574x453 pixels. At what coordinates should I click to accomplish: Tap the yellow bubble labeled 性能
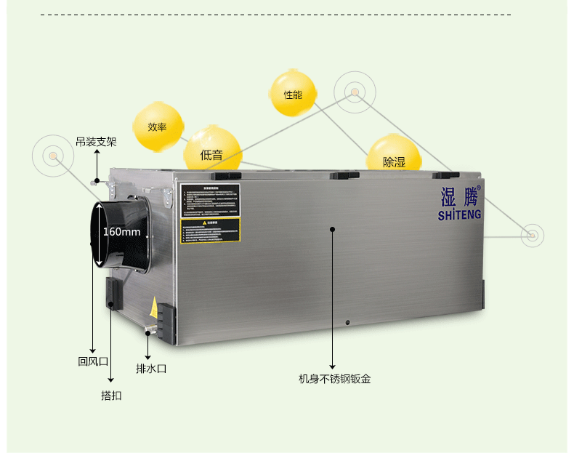(x=293, y=95)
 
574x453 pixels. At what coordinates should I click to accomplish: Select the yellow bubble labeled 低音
(x=211, y=154)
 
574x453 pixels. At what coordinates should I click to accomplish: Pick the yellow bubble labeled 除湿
(x=394, y=161)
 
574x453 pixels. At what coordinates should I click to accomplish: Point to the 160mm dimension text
(x=121, y=232)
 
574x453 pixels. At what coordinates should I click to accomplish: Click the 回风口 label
(x=93, y=361)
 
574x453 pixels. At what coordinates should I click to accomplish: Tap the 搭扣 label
(x=111, y=396)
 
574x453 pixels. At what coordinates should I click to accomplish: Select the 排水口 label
(x=151, y=369)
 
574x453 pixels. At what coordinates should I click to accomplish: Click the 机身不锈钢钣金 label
(x=334, y=379)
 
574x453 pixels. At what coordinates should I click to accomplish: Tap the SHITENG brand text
(x=459, y=215)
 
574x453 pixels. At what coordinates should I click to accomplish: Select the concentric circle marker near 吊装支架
(x=53, y=156)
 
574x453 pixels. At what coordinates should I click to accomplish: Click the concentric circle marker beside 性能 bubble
(x=355, y=92)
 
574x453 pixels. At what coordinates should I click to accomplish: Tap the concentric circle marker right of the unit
(x=533, y=235)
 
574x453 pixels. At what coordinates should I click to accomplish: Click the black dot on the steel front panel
(x=332, y=229)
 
